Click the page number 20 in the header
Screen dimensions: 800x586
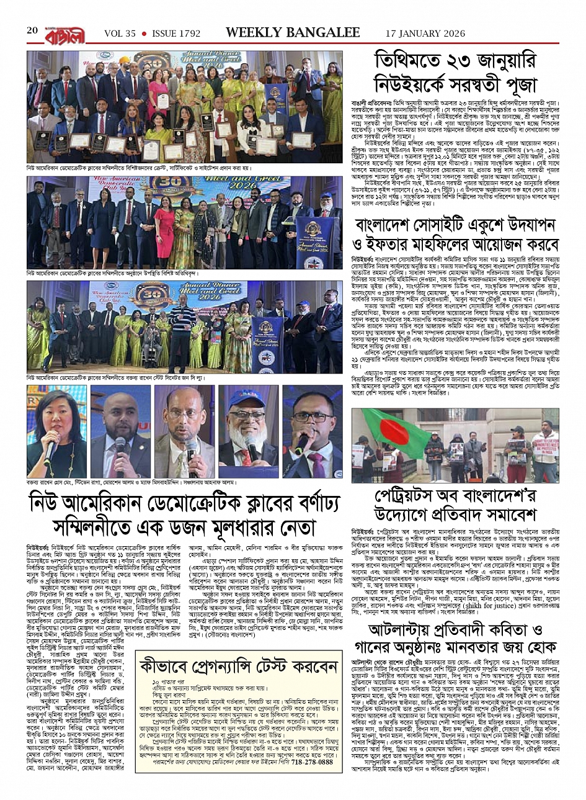point(32,31)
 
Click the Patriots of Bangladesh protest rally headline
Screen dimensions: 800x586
point(455,506)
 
